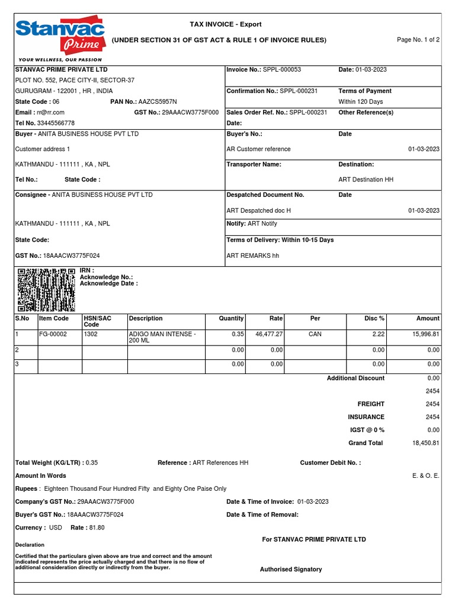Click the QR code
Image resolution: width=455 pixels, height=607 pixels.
click(x=46, y=290)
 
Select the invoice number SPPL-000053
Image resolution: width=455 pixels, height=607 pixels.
click(x=282, y=70)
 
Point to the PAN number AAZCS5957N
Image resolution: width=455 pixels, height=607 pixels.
click(x=158, y=102)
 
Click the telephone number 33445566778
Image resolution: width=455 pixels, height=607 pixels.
click(x=56, y=123)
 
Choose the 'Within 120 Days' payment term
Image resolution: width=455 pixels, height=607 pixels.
click(x=361, y=102)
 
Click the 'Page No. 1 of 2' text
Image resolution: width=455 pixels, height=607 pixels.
click(x=418, y=40)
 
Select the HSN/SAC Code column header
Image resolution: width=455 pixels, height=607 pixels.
click(x=97, y=321)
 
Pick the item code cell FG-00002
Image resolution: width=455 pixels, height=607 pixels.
click(x=53, y=334)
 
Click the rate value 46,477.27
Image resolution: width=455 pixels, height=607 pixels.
click(x=268, y=334)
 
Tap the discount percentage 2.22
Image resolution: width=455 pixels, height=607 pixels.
click(x=377, y=334)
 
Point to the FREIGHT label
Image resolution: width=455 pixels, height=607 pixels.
click(x=371, y=404)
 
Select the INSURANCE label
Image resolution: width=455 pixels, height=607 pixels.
click(x=366, y=417)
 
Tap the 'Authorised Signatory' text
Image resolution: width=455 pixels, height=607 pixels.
click(x=291, y=570)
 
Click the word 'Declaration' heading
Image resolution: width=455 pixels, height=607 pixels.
click(x=30, y=545)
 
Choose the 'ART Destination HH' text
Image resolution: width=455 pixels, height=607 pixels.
click(x=366, y=180)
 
